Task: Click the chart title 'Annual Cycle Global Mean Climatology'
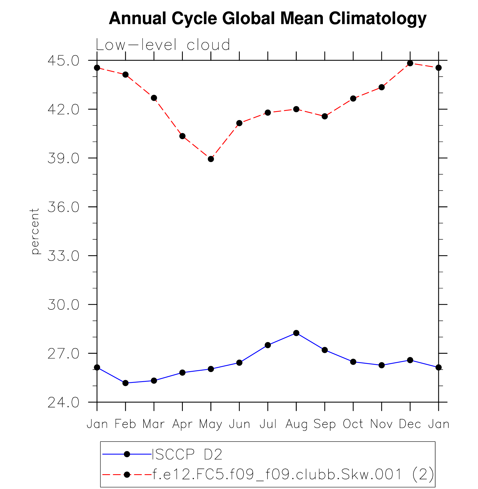point(268,18)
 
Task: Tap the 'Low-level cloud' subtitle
point(163,45)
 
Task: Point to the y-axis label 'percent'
point(35,231)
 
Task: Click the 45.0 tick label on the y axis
point(63,61)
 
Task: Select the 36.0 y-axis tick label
point(63,207)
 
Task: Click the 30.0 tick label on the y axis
point(63,305)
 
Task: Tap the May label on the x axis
point(211,424)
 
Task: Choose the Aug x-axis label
point(296,424)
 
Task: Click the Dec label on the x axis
point(410,424)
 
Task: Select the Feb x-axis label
point(126,424)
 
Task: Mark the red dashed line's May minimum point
point(211,159)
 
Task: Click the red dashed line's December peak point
point(410,63)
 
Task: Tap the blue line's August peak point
point(296,333)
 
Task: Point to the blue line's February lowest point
point(126,383)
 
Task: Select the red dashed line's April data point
point(182,136)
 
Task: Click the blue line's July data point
point(268,345)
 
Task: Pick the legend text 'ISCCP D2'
point(187,454)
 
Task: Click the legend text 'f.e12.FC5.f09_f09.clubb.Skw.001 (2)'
point(293,474)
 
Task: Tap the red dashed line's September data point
point(325,116)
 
